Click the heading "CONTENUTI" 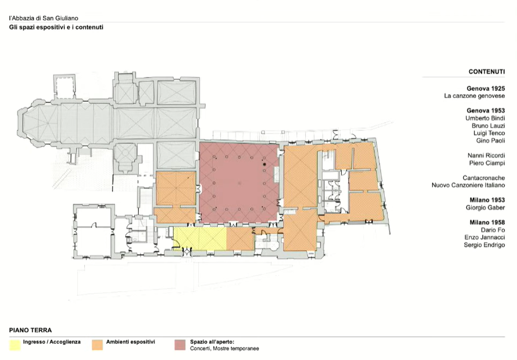pyautogui.click(x=487, y=71)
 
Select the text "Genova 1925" pyautogui.click(x=485, y=88)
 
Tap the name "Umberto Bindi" pyautogui.click(x=485, y=118)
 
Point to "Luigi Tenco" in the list pyautogui.click(x=489, y=133)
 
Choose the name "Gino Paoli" pyautogui.click(x=490, y=141)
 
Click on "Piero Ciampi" pyautogui.click(x=487, y=163)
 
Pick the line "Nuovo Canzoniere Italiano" pyautogui.click(x=468, y=185)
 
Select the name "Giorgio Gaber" pyautogui.click(x=485, y=208)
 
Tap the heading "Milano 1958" pyautogui.click(x=487, y=222)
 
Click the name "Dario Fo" pyautogui.click(x=493, y=230)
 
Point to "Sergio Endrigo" pyautogui.click(x=484, y=245)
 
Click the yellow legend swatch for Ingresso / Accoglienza pyautogui.click(x=15, y=345)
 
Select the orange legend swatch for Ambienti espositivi pyautogui.click(x=97, y=345)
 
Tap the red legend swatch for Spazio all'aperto pyautogui.click(x=180, y=345)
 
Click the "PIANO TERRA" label pyautogui.click(x=30, y=330)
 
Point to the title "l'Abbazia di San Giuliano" pyautogui.click(x=44, y=18)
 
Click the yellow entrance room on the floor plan pyautogui.click(x=200, y=239)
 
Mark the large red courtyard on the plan pyautogui.click(x=239, y=182)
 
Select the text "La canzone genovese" pyautogui.click(x=474, y=96)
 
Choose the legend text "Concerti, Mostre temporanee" pyautogui.click(x=224, y=349)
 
